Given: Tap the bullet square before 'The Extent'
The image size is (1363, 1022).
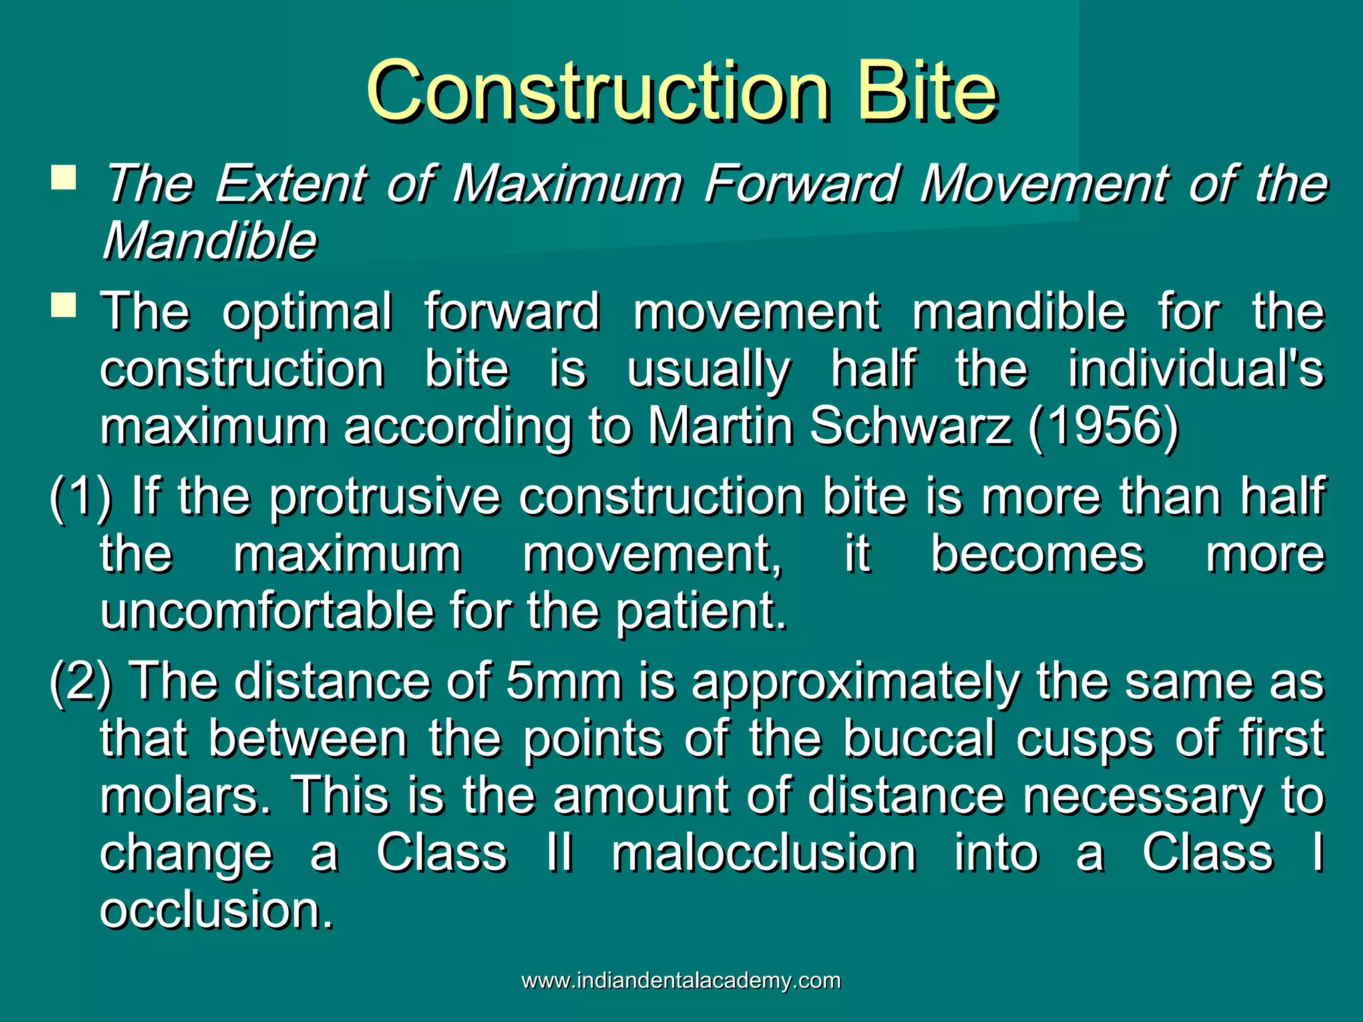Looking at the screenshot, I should click(64, 178).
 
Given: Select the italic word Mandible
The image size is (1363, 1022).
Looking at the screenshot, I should click(210, 240).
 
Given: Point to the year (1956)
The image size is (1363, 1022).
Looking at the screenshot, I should click(1103, 426).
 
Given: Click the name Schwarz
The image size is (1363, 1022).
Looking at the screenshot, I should click(910, 426).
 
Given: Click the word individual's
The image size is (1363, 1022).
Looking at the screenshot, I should click(1196, 369).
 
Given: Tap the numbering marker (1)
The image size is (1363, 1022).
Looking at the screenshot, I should click(81, 496).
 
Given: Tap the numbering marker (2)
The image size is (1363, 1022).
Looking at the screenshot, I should click(81, 681).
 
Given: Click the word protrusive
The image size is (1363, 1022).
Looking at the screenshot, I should click(384, 496).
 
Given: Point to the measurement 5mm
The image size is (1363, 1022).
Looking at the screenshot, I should click(564, 681).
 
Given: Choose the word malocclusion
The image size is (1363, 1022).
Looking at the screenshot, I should click(763, 853).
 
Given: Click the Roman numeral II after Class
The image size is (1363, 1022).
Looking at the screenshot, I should click(559, 853).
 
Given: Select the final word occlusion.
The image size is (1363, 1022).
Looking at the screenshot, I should click(216, 910).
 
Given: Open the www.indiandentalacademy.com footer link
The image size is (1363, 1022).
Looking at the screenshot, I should click(681, 981).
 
